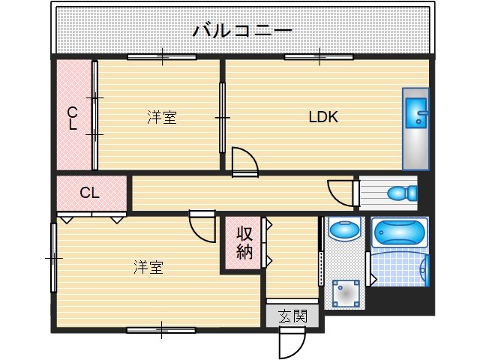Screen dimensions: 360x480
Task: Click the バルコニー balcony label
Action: pos(241,31)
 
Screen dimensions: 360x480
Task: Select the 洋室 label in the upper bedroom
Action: pos(161,117)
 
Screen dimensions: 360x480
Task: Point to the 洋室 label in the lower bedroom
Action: pos(148,267)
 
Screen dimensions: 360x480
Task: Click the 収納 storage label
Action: pos(244,242)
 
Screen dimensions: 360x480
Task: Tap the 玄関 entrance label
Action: pos(292,316)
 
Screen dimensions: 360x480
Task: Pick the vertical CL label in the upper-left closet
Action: pos(73,118)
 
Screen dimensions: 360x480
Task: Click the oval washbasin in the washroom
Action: pos(345,230)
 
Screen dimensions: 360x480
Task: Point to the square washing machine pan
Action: pos(346,292)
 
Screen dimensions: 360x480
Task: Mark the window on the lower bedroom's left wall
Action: pos(53,257)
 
